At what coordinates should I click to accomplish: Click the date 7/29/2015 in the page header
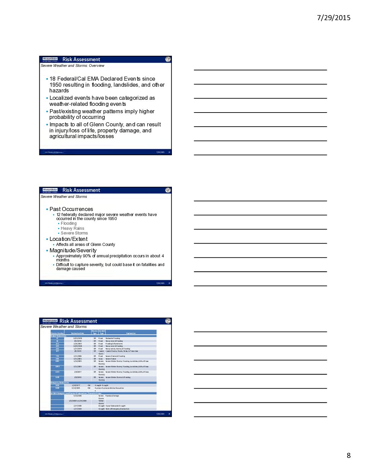click(333, 18)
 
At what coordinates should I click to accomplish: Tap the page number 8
click(349, 456)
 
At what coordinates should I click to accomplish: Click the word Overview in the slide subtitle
click(97, 66)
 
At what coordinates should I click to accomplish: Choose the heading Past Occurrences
click(71, 209)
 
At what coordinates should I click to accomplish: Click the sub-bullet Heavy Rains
click(72, 228)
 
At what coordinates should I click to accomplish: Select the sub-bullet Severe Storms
click(74, 233)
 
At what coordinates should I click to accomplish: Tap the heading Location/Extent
click(68, 239)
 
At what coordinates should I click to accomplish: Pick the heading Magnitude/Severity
click(73, 251)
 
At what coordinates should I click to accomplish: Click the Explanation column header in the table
click(131, 333)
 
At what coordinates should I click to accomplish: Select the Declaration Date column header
click(77, 333)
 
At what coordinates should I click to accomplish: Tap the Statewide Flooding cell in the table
click(113, 338)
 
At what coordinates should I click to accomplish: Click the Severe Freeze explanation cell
click(111, 359)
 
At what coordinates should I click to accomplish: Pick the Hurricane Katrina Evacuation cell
click(109, 388)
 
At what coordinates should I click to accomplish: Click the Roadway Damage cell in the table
click(112, 396)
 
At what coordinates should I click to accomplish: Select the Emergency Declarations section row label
click(60, 383)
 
